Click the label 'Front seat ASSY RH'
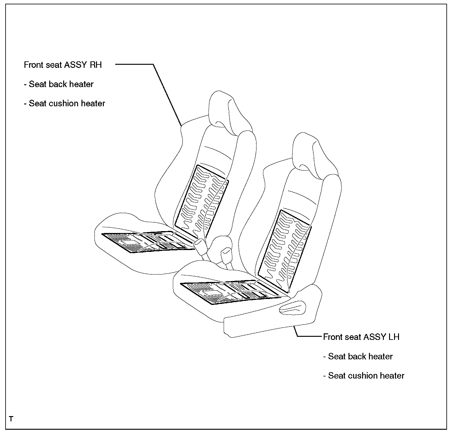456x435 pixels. [63, 65]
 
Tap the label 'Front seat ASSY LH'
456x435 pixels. [361, 337]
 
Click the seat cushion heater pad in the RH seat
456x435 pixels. [146, 242]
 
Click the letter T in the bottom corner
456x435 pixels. [11, 419]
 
